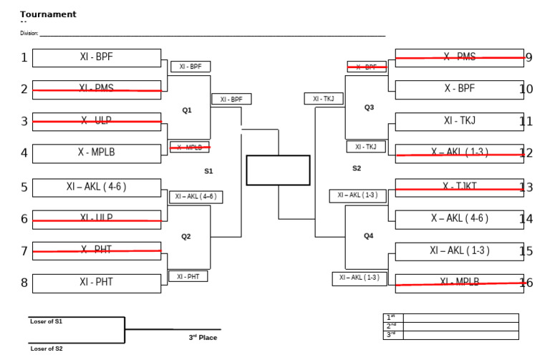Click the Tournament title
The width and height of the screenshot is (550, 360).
click(48, 14)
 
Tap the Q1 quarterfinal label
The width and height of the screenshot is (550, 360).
click(187, 110)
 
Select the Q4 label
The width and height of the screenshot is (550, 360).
click(369, 235)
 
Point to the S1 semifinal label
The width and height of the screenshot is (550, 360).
click(208, 171)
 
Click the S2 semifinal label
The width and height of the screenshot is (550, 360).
click(357, 169)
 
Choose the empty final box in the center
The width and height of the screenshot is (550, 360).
click(278, 170)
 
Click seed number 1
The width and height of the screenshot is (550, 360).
click(24, 58)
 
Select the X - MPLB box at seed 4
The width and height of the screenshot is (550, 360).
click(96, 153)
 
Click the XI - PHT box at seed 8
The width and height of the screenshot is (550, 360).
click(96, 283)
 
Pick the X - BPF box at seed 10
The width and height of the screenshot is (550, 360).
click(459, 89)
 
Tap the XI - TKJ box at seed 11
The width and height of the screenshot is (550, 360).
click(459, 122)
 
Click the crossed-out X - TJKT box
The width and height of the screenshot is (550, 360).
click(459, 187)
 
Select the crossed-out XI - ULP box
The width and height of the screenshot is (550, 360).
click(96, 218)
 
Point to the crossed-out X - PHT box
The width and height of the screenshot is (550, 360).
click(96, 250)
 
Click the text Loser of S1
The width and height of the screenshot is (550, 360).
click(46, 322)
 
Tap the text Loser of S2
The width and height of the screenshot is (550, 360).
click(46, 349)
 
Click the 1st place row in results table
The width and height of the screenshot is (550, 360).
click(450, 317)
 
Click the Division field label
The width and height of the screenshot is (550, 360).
click(29, 33)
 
